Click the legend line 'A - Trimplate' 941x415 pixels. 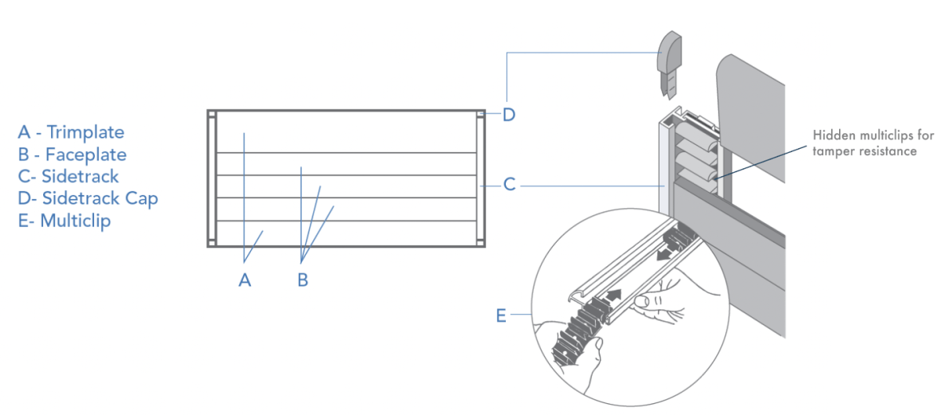pos(71,132)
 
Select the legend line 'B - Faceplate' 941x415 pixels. pos(72,154)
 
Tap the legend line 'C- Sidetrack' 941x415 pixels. pos(68,176)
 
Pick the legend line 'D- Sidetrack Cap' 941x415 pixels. pos(88,198)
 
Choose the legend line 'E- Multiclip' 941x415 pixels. pos(64,220)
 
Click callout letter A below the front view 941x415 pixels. pos(245,280)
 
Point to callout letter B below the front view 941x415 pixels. pos(303,280)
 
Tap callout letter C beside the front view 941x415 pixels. pos(509,185)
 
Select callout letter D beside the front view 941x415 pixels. pos(509,115)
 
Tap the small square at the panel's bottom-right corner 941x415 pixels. pos(480,241)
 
